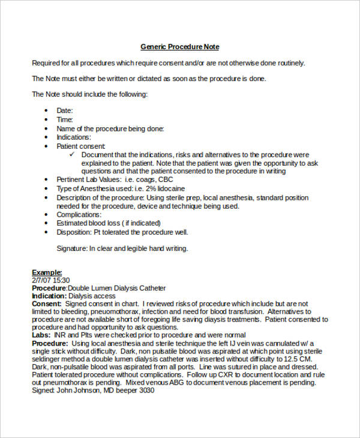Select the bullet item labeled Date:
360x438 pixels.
[x=65, y=110]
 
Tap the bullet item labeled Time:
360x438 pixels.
[x=65, y=119]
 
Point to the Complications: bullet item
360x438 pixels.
[x=79, y=214]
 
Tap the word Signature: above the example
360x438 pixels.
[x=73, y=248]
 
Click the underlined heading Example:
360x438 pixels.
[x=47, y=272]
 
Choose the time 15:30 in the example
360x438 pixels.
[x=61, y=280]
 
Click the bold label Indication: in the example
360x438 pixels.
[x=49, y=296]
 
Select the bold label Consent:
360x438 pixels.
[x=46, y=304]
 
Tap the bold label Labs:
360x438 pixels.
[x=41, y=335]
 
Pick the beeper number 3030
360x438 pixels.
[x=146, y=390]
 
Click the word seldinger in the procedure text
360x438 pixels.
[x=48, y=359]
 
